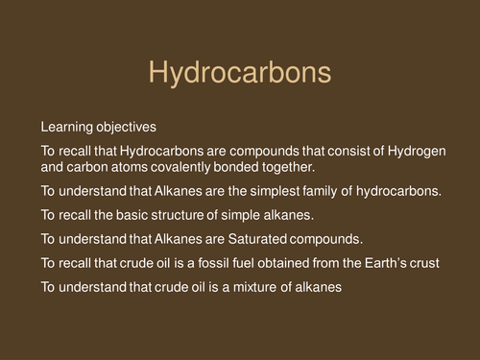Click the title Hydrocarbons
(240, 74)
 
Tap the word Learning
(66, 127)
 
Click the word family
(324, 191)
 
